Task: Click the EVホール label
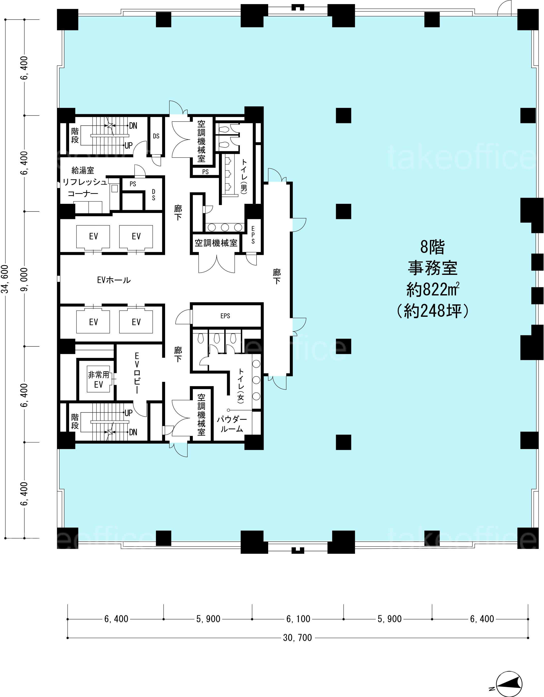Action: point(114,280)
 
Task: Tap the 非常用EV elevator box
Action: point(99,379)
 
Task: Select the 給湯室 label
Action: point(83,170)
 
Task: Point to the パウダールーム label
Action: point(232,424)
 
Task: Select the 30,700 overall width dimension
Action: point(297,638)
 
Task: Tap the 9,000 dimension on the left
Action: point(25,279)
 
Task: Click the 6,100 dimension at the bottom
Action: point(298,619)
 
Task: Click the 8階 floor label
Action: point(433,247)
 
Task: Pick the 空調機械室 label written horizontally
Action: point(216,243)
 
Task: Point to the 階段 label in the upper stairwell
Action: point(75,136)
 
